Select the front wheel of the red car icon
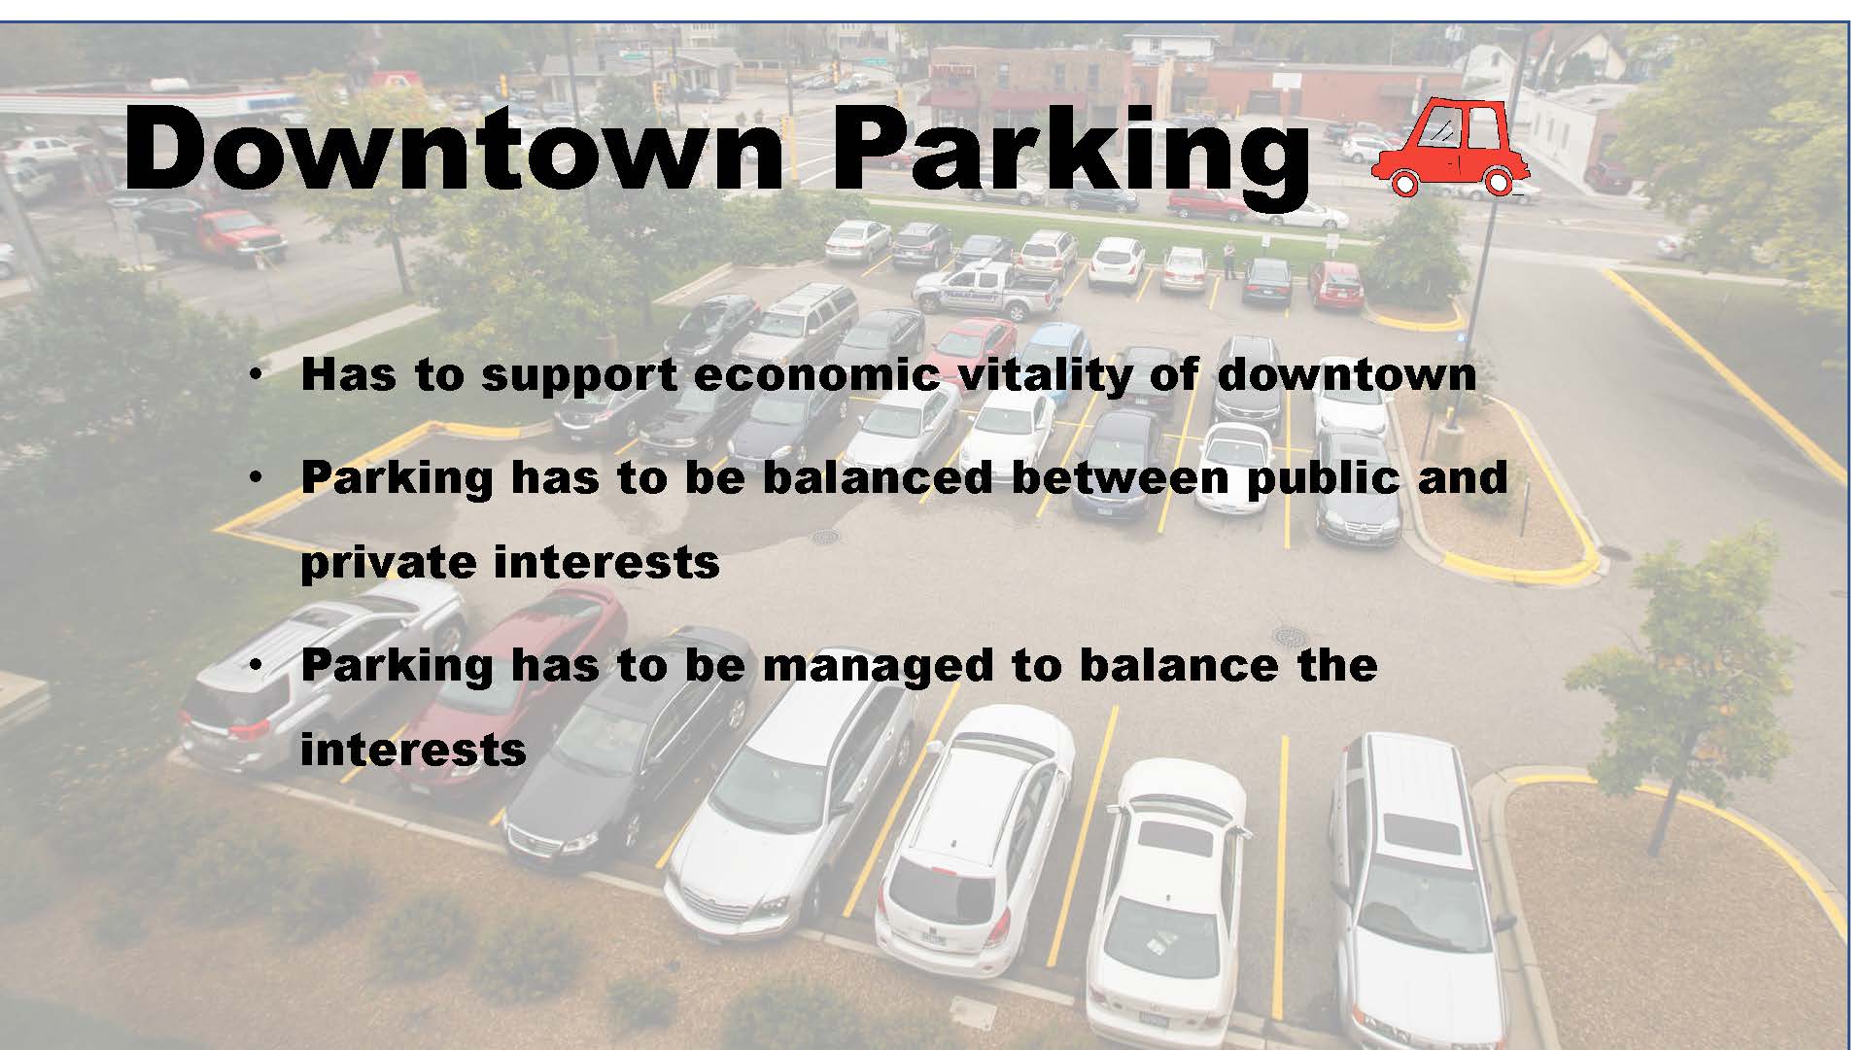(x=1401, y=182)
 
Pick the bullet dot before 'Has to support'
(x=255, y=375)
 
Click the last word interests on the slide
(x=413, y=750)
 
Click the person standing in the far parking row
(x=1229, y=261)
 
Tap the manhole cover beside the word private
(x=824, y=537)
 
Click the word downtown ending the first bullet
(x=1346, y=374)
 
